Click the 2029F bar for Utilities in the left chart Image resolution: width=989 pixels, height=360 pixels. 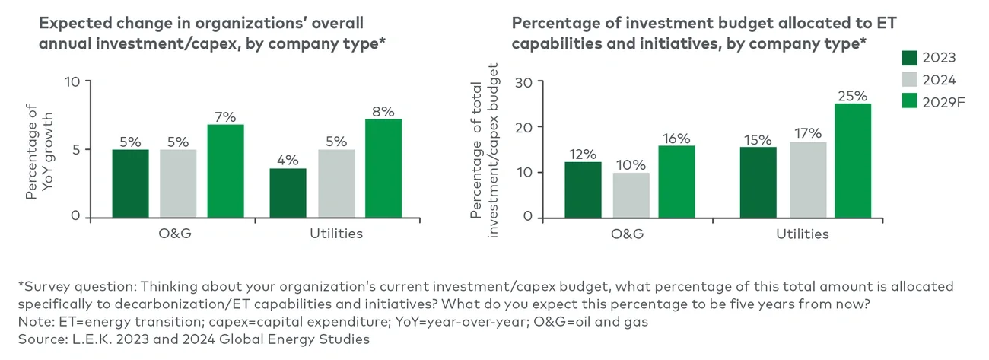click(x=383, y=168)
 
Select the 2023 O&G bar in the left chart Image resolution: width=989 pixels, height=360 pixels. click(x=130, y=183)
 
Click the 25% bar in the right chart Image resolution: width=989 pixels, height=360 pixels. click(x=852, y=160)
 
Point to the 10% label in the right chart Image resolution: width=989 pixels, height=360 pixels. click(x=631, y=164)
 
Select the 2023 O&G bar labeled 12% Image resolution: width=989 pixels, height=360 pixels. click(x=583, y=189)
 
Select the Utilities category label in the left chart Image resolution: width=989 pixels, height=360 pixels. click(x=335, y=234)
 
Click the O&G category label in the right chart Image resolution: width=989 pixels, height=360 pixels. click(x=628, y=234)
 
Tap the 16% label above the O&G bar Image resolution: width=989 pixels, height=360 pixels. click(x=676, y=139)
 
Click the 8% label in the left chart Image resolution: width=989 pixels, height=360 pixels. click(x=383, y=112)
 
